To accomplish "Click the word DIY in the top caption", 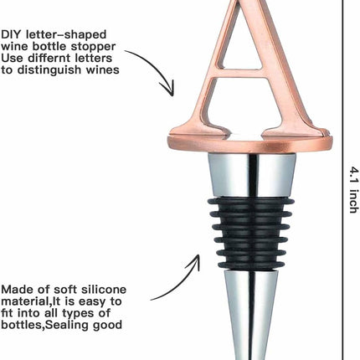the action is [11, 34].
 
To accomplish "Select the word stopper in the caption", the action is [93, 47].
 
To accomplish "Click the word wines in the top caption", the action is [102, 69].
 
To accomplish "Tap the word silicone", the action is [104, 290].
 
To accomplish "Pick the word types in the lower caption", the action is [79, 314].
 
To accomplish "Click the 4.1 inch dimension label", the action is [354, 190].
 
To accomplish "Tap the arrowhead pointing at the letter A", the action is [168, 89].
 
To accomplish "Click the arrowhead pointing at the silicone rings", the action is [194, 262].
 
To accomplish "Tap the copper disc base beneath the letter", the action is [250, 144].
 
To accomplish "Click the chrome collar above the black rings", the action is [251, 175].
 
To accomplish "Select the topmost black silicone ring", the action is [251, 202].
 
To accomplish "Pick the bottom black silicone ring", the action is [251, 265].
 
